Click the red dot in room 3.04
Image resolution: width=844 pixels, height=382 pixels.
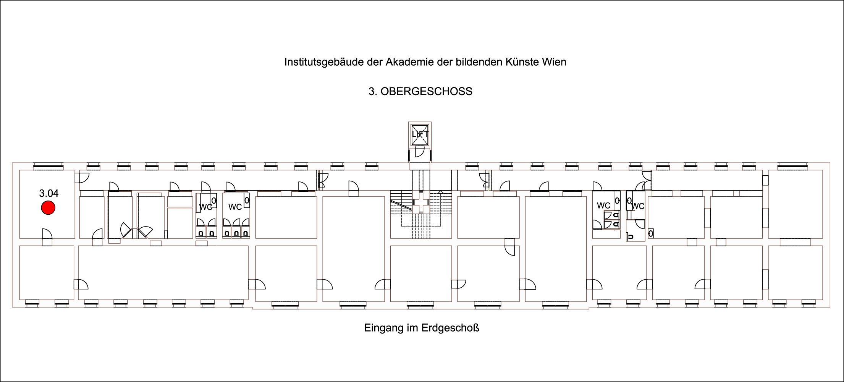(x=48, y=208)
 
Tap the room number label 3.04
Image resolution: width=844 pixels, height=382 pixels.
(x=49, y=193)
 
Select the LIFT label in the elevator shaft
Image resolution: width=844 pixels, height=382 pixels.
(x=420, y=134)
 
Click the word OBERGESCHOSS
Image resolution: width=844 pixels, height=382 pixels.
(x=427, y=92)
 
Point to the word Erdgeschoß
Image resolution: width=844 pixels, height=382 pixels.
(x=451, y=328)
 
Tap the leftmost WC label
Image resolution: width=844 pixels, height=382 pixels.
(x=205, y=207)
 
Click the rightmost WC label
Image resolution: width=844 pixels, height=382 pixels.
(x=638, y=206)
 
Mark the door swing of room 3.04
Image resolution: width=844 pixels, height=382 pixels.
(x=47, y=233)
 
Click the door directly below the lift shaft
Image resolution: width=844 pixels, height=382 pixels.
(x=420, y=152)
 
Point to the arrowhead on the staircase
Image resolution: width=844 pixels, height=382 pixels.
(x=441, y=191)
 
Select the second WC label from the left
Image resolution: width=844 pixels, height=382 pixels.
(x=235, y=207)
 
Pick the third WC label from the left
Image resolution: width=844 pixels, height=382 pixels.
(x=603, y=206)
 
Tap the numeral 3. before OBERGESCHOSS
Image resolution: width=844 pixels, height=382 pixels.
(x=373, y=92)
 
